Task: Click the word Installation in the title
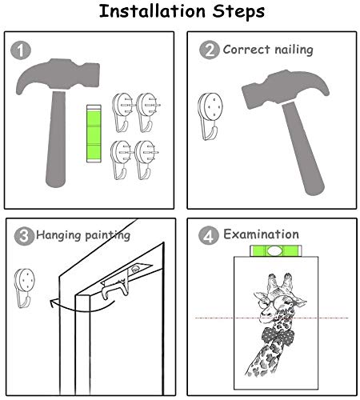(152, 11)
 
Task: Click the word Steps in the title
(238, 12)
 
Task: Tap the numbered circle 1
(21, 50)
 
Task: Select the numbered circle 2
(210, 50)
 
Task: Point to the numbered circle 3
(24, 236)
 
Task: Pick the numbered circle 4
(209, 235)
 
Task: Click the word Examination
(261, 234)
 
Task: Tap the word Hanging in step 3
(58, 235)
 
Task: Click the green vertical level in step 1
(94, 134)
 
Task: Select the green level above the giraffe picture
(276, 250)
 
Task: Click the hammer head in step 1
(58, 75)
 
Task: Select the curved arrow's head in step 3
(53, 303)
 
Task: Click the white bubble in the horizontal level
(275, 250)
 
